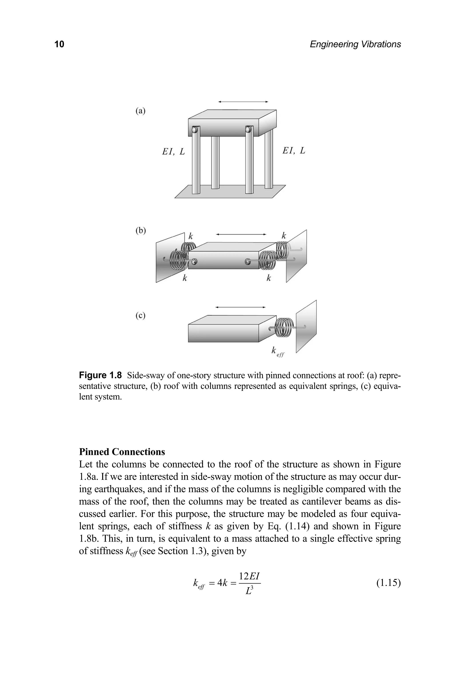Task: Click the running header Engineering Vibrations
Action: [x=355, y=44]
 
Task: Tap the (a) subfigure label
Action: [x=140, y=111]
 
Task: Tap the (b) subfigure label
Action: [x=141, y=230]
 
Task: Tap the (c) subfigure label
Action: [x=140, y=316]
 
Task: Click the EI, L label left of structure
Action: [x=173, y=152]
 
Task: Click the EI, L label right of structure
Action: [x=294, y=151]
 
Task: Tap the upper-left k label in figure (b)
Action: [x=190, y=236]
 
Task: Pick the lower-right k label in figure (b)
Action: [x=269, y=278]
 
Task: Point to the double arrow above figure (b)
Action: [x=241, y=234]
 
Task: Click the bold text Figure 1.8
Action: [x=100, y=375]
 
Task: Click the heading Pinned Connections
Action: [x=122, y=452]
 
